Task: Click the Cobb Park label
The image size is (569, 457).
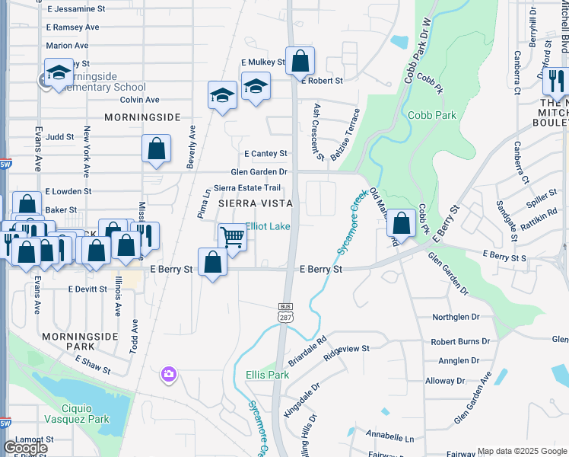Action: (x=431, y=115)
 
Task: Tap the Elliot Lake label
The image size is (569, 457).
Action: (x=267, y=226)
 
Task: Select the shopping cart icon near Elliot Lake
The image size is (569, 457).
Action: (x=232, y=235)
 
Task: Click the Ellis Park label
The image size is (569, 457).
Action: (x=267, y=375)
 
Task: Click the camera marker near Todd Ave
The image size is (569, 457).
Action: (x=168, y=374)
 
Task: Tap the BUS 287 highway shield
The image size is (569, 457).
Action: (x=284, y=312)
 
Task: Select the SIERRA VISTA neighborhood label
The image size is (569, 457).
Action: (x=256, y=203)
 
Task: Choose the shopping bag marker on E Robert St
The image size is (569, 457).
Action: (x=300, y=60)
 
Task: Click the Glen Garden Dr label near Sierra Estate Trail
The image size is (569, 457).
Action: (x=259, y=172)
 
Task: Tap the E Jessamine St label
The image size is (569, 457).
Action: (x=76, y=9)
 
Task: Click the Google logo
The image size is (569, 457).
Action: (x=26, y=448)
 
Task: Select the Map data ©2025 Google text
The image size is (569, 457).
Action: (x=521, y=451)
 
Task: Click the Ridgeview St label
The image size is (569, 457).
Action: (x=346, y=349)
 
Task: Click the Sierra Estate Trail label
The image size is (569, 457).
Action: (x=247, y=187)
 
